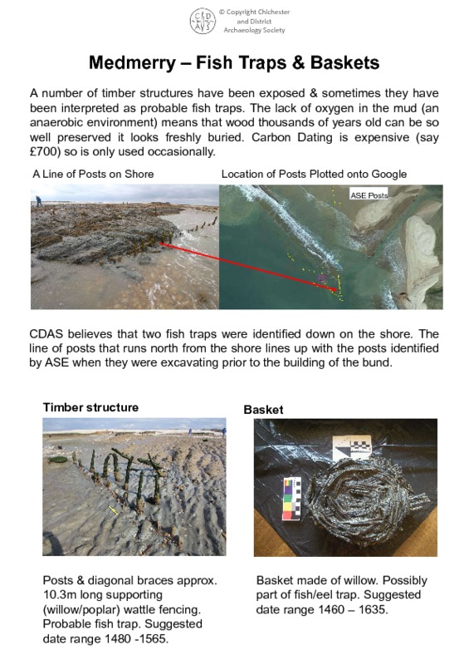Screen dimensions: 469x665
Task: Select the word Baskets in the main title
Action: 340,63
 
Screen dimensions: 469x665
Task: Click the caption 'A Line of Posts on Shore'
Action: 93,174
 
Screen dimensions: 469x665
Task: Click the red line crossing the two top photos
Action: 249,267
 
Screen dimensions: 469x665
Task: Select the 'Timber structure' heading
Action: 90,407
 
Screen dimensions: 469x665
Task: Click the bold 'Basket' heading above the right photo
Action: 263,410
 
